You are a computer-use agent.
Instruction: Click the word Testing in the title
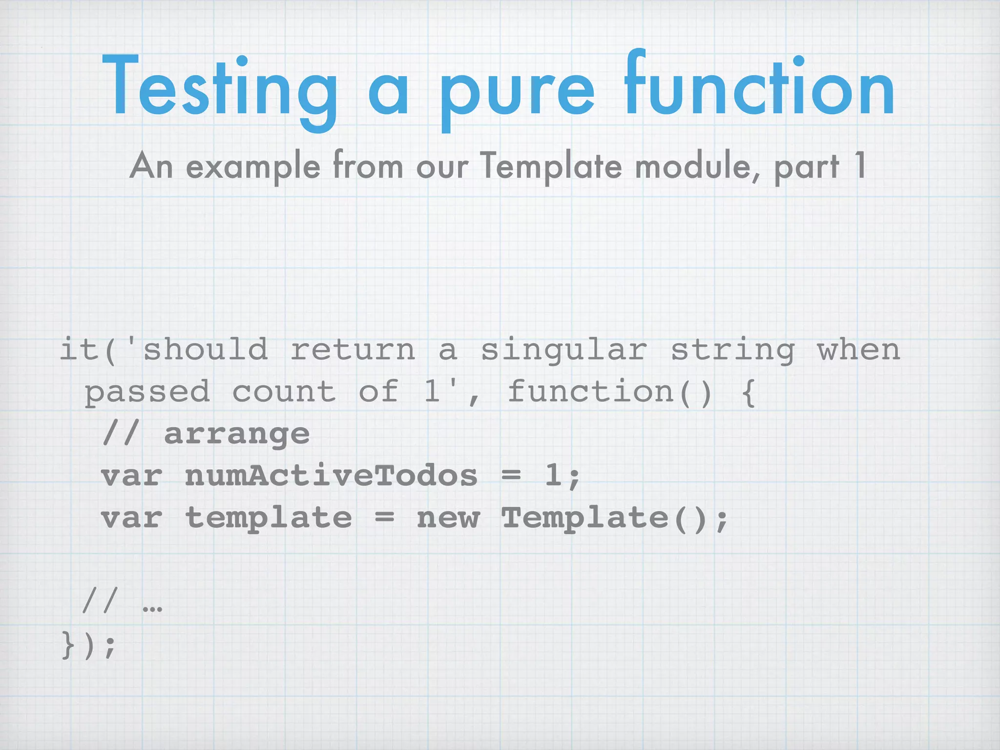[220, 88]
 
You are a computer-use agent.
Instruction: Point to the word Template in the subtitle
[550, 166]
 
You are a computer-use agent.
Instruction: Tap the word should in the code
[205, 350]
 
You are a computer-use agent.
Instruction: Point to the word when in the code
[858, 350]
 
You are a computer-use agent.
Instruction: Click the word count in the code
[284, 392]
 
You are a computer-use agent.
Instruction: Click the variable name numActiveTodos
[331, 476]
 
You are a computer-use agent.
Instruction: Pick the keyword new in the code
[448, 518]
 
